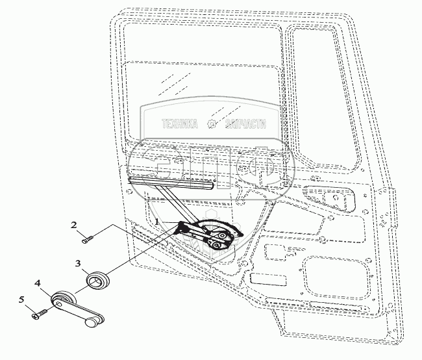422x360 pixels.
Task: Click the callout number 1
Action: (x=157, y=222)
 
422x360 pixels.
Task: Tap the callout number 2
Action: (x=74, y=225)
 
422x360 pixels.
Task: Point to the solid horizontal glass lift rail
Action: (x=171, y=182)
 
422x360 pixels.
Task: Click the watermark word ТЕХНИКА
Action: (x=179, y=125)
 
